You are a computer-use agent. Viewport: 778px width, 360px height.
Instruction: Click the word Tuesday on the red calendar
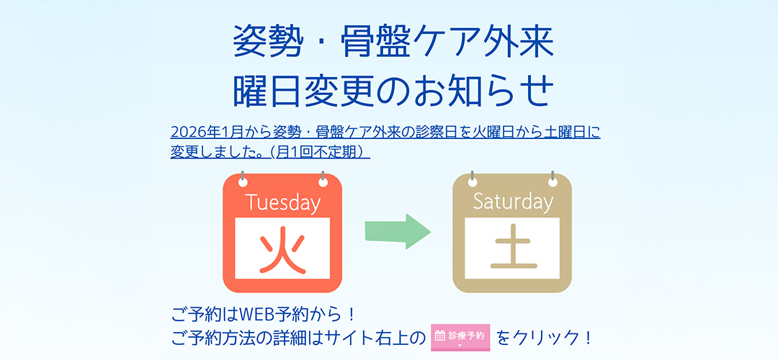[282, 202]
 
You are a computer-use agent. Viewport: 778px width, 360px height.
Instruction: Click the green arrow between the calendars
[397, 231]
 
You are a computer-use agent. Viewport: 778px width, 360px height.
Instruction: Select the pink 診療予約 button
[460, 336]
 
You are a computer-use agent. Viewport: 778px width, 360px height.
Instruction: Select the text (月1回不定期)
[318, 152]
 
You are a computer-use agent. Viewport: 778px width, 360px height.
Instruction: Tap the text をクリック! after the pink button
[545, 337]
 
